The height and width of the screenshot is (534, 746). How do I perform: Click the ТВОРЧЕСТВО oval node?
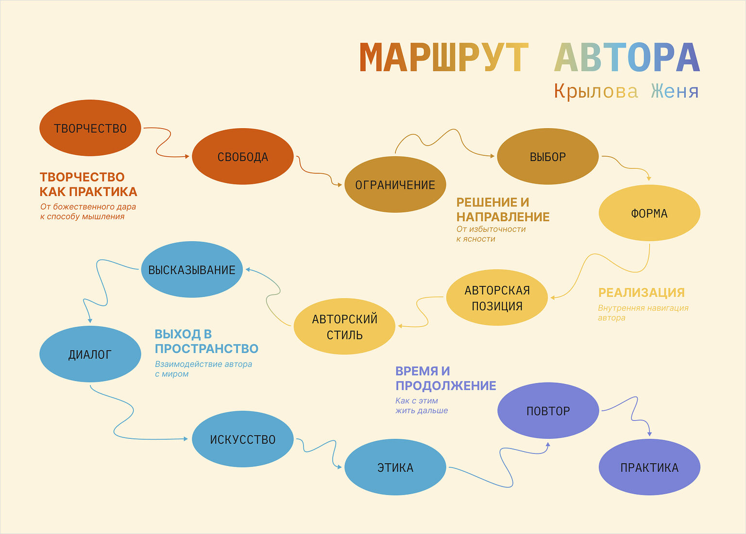point(90,128)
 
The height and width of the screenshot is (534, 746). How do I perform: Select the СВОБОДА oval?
point(243,156)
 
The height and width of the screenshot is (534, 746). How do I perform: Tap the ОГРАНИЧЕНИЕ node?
point(395,184)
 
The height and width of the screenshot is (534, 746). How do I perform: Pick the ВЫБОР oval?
point(547,156)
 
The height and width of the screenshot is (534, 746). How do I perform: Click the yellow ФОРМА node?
point(649,213)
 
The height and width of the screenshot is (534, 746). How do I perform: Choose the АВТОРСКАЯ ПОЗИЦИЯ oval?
point(497,298)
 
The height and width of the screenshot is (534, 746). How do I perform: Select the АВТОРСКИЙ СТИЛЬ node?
point(344,326)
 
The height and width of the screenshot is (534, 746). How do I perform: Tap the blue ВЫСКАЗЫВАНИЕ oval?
point(192,269)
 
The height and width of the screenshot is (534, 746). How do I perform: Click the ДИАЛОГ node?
point(90,354)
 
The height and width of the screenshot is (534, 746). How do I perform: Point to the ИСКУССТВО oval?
point(243,439)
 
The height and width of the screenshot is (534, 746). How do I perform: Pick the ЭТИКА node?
point(395,467)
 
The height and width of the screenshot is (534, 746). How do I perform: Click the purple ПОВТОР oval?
point(548,411)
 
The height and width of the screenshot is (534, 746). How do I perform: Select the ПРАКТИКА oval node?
point(649,467)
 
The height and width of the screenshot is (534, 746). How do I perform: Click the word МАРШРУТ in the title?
point(443,58)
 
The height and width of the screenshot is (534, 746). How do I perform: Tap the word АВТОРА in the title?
point(627,58)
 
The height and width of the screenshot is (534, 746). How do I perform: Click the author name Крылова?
point(596,91)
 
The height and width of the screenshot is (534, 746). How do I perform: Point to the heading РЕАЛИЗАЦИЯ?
point(641,292)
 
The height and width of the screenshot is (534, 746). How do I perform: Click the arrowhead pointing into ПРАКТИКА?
point(649,434)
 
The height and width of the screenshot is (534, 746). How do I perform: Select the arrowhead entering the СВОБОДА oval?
point(186,156)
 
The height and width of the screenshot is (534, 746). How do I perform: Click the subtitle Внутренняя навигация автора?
point(643,313)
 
